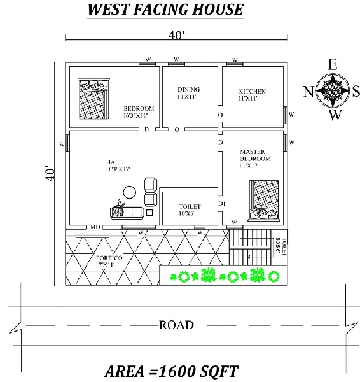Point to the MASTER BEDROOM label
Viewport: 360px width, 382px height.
(255, 155)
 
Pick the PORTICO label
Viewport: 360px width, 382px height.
(110, 261)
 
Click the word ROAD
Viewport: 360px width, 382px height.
(176, 325)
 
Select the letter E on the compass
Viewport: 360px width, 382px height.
(331, 64)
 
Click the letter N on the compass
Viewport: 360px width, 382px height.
(307, 91)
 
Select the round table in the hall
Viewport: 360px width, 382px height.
(130, 192)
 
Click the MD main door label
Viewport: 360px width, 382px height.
(94, 227)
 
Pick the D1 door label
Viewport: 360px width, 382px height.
(222, 203)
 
